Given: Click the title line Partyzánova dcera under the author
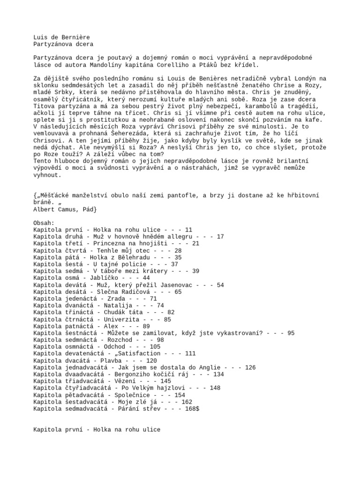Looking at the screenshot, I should (63, 44).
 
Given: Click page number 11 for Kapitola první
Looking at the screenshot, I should (189, 230).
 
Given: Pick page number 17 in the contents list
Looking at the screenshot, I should (221, 237).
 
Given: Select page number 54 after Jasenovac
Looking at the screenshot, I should (220, 285).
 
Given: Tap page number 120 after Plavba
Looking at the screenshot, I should (151, 360).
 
